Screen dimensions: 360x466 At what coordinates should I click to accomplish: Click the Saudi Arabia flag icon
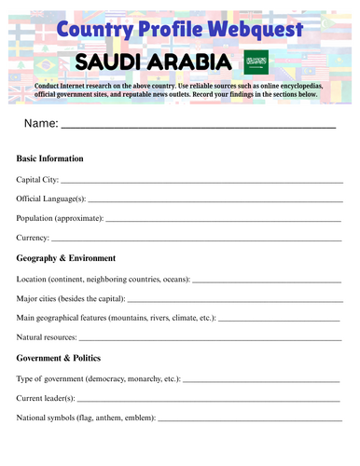[255, 62]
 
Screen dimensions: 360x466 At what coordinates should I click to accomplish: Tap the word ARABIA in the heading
[187, 62]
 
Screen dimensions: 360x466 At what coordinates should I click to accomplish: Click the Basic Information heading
[50, 158]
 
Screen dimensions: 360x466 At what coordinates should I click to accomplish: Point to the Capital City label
[37, 179]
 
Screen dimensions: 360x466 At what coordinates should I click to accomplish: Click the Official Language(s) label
[51, 199]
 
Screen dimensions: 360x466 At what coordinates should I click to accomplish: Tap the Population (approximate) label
[60, 218]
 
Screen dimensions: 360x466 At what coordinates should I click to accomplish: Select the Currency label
[34, 238]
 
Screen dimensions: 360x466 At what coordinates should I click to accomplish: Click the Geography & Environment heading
[65, 258]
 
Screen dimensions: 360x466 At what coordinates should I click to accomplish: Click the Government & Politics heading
[59, 358]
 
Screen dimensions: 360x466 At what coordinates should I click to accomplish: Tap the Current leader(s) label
[48, 398]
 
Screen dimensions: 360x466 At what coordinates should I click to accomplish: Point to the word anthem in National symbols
[115, 418]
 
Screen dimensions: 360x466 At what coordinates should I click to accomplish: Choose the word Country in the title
[90, 30]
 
